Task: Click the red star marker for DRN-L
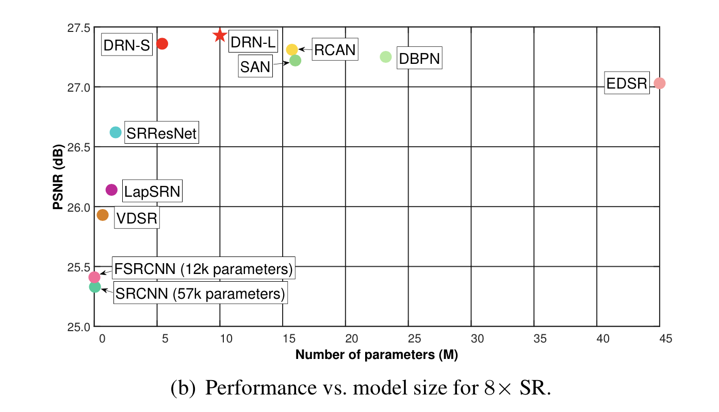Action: click(220, 35)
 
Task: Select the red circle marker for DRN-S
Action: click(162, 44)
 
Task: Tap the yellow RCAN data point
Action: click(292, 49)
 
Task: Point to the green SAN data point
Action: click(295, 60)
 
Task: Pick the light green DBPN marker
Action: click(386, 57)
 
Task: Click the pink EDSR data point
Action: click(659, 83)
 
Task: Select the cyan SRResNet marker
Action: click(116, 132)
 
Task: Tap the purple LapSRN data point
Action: click(111, 190)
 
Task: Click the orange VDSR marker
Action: click(103, 215)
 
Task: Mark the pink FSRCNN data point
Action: click(94, 277)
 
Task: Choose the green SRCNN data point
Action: click(95, 286)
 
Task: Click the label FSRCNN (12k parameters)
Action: click(204, 269)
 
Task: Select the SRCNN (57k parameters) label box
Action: click(200, 294)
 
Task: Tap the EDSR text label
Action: click(627, 83)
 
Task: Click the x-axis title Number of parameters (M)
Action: click(377, 355)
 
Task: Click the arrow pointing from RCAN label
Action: click(305, 49)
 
